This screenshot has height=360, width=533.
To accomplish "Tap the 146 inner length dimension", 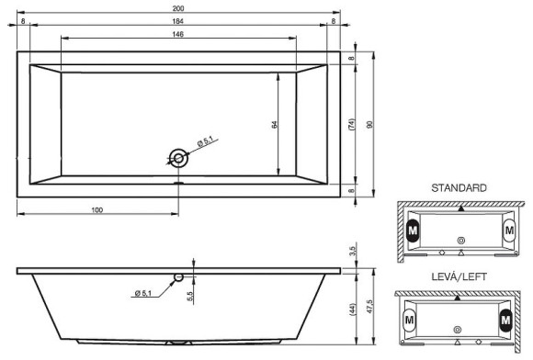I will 178,34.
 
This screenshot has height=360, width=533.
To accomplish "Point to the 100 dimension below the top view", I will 96,210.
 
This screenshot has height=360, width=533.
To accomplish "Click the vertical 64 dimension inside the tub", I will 274,124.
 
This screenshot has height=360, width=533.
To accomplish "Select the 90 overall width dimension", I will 370,124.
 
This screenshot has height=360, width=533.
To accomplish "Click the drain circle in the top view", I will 177,159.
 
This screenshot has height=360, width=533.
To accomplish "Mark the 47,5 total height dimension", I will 370,304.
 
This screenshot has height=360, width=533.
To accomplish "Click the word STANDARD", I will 459,187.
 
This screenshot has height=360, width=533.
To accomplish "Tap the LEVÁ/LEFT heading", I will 459,276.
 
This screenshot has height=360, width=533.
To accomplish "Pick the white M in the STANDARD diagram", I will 509,230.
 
